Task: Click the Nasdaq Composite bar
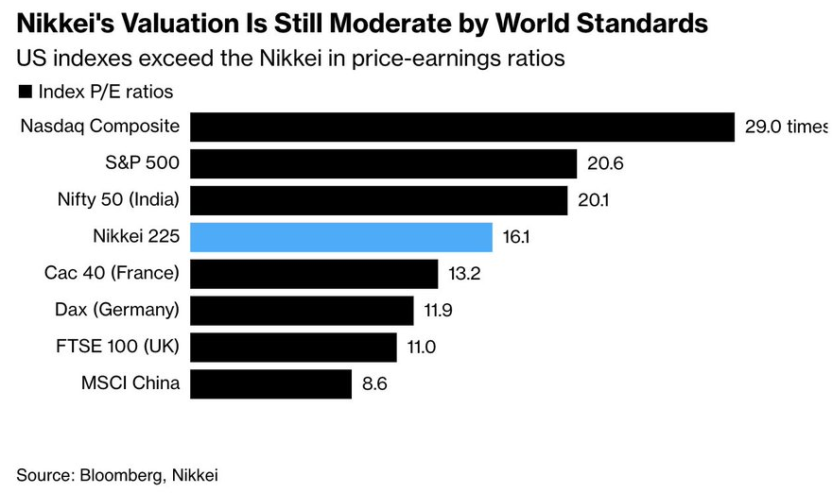coord(462,127)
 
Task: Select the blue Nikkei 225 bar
coord(341,237)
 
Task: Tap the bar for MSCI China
coord(270,383)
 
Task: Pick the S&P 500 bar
coord(383,163)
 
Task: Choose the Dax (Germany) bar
coord(302,310)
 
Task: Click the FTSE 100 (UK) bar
coord(293,347)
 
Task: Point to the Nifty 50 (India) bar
coord(378,200)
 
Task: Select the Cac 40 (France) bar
coord(314,274)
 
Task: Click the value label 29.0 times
coord(785,127)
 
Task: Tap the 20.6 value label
coord(604,164)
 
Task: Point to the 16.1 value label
coord(516,238)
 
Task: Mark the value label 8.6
coord(374,384)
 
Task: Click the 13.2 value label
coord(464,275)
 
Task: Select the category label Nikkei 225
coord(135,237)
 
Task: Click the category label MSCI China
coord(130,383)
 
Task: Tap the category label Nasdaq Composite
coord(100,127)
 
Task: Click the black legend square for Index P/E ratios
coord(25,92)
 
